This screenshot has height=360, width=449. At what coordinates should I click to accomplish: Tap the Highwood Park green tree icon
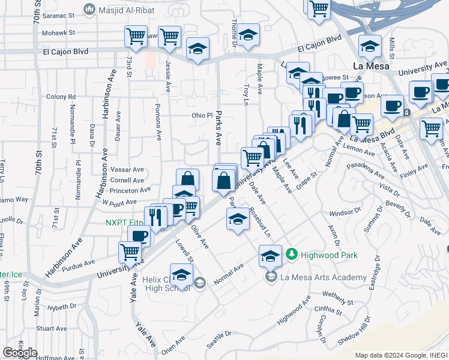coord(291,254)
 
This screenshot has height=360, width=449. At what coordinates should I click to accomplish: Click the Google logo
coord(20,353)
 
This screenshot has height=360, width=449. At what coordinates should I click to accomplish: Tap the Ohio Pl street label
coord(202,115)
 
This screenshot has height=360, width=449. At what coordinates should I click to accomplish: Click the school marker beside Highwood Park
coord(270,256)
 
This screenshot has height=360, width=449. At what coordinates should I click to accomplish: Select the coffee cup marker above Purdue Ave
coord(139,235)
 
